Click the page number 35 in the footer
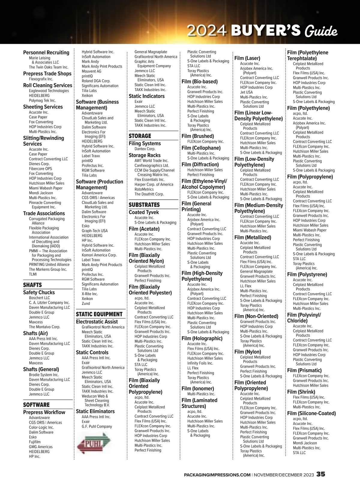pyautogui.click(x=320, y=474)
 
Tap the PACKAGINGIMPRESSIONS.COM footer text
pyautogui.click(x=217, y=475)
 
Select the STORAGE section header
pyautogui.click(x=140, y=136)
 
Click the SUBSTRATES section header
pyautogui.click(x=144, y=205)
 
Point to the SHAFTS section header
pyautogui.click(x=32, y=285)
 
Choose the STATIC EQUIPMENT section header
pyautogui.click(x=99, y=314)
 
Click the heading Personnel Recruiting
pyautogui.click(x=46, y=53)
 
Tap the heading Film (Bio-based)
pyautogui.click(x=199, y=82)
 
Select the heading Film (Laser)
pyautogui.click(x=247, y=58)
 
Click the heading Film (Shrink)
pyautogui.click(x=301, y=392)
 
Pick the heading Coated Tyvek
pyautogui.click(x=144, y=212)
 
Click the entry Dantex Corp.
pyautogui.click(x=145, y=149)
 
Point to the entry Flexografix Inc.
pyautogui.click(x=41, y=79)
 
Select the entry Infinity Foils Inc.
pyautogui.click(x=200, y=363)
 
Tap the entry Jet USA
pyautogui.click(x=246, y=92)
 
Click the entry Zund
pyautogui.click(x=86, y=303)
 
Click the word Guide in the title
pyautogui.click(x=321, y=31)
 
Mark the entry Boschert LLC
pyautogui.click(x=39, y=298)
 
